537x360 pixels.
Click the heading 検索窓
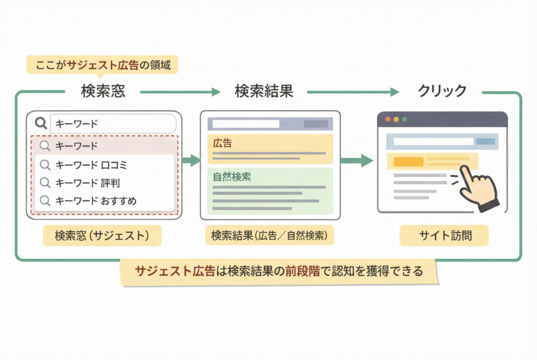click(103, 91)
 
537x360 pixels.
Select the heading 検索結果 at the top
click(264, 91)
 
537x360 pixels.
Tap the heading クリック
click(442, 91)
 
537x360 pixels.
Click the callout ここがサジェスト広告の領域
click(103, 66)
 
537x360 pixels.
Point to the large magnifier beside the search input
click(41, 124)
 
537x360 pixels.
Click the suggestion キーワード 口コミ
click(91, 165)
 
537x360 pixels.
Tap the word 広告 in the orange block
click(223, 143)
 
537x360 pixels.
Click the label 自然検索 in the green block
click(232, 177)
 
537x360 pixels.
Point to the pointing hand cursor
click(478, 186)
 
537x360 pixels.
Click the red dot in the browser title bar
click(388, 119)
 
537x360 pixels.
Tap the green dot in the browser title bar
click(404, 119)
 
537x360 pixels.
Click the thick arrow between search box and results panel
click(191, 160)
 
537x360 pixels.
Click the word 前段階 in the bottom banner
click(303, 271)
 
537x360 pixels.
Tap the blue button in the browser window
click(485, 141)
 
